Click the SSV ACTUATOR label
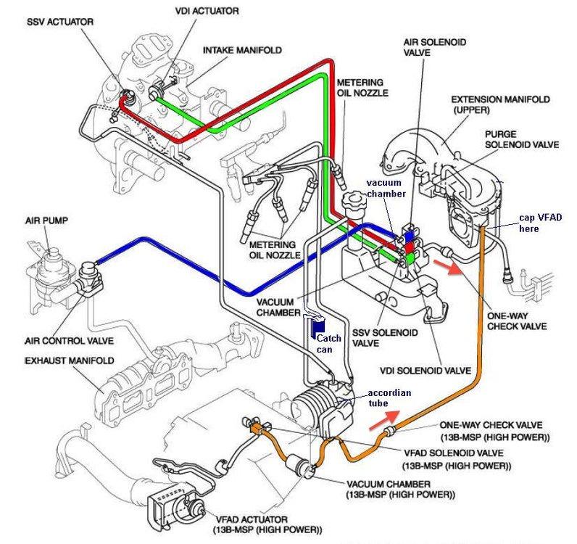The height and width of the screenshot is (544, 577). click(60, 22)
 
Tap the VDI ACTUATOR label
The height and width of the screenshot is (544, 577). click(207, 11)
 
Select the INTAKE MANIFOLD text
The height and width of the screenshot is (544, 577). click(243, 50)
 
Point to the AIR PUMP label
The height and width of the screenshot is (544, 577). click(46, 221)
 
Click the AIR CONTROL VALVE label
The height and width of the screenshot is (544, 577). click(69, 341)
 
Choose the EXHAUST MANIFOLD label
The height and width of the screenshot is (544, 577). click(70, 360)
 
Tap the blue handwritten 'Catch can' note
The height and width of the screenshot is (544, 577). click(328, 344)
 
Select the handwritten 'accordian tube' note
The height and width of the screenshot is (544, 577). click(389, 397)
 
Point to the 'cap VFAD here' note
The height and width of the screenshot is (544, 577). click(541, 223)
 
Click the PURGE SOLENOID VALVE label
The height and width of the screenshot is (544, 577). click(522, 139)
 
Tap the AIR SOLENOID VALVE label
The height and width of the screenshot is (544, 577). click(435, 48)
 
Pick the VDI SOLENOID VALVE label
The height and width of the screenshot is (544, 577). click(426, 370)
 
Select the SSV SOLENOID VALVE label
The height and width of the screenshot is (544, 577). click(385, 338)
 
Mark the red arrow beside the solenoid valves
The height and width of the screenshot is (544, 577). click(448, 267)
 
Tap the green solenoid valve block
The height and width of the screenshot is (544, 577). click(410, 259)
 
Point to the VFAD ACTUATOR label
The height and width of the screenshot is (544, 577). click(267, 525)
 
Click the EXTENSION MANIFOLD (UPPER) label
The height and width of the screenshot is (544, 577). click(500, 104)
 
